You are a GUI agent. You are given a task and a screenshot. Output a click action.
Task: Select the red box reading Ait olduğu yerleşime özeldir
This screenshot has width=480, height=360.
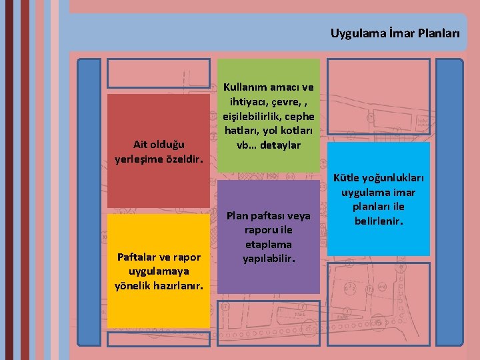[x=159, y=150]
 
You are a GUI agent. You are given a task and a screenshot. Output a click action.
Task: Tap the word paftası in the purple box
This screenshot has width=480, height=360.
[x=269, y=215]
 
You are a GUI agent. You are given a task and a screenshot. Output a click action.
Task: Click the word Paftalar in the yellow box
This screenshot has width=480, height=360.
[x=137, y=257]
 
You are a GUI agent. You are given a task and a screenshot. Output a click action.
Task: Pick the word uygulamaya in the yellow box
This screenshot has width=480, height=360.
[x=158, y=271]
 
